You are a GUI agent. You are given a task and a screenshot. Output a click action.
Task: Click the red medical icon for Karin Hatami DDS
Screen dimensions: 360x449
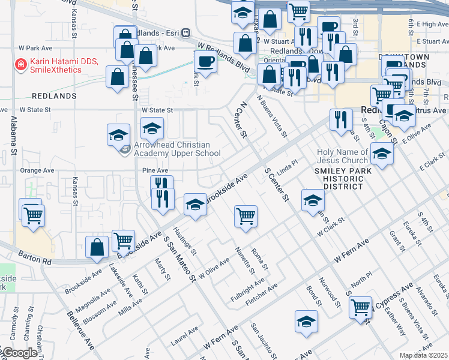click(21, 63)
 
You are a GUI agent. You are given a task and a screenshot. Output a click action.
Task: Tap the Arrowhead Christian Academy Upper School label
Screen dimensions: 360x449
click(172, 149)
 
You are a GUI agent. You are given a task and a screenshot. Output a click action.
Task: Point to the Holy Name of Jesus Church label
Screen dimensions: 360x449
click(342, 156)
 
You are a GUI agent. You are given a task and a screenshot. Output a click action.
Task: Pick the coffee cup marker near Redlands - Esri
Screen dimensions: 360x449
click(205, 61)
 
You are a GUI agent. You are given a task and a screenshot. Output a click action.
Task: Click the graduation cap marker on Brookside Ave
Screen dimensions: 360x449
click(194, 205)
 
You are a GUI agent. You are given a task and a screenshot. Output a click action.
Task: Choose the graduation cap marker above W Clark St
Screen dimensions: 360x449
click(313, 200)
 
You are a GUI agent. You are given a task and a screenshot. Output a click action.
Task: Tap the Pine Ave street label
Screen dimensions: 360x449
click(154, 170)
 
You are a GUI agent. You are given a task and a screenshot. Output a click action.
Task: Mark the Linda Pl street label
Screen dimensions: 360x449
click(287, 165)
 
